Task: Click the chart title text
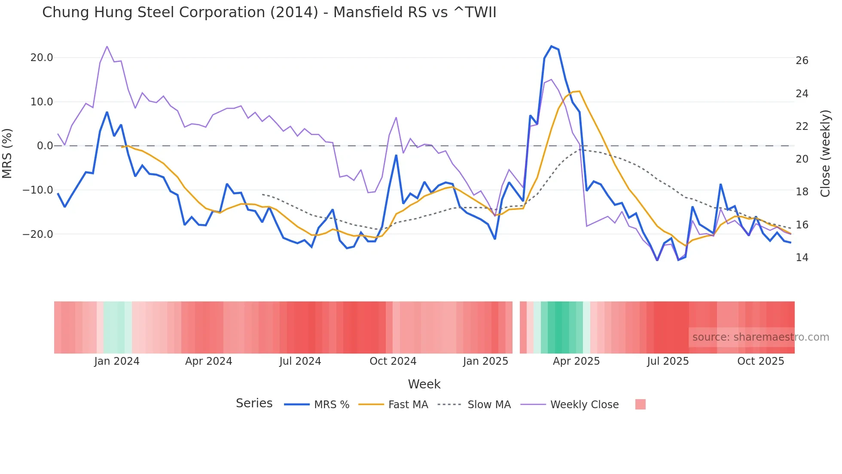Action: (x=269, y=12)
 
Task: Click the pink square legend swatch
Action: (x=640, y=404)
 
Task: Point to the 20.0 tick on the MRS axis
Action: (x=42, y=58)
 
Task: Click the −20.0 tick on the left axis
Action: (x=38, y=234)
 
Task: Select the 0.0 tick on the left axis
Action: (x=45, y=146)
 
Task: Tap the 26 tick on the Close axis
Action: (x=802, y=61)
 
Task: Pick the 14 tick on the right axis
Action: (x=802, y=258)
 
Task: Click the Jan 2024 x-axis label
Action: (x=117, y=361)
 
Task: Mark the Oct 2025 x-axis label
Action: (x=760, y=361)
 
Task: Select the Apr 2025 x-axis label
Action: (x=576, y=361)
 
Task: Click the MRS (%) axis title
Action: (x=7, y=154)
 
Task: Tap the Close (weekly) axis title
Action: (x=825, y=154)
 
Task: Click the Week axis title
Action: (x=424, y=384)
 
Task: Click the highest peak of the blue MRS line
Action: (x=551, y=46)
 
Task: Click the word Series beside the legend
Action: (x=254, y=403)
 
